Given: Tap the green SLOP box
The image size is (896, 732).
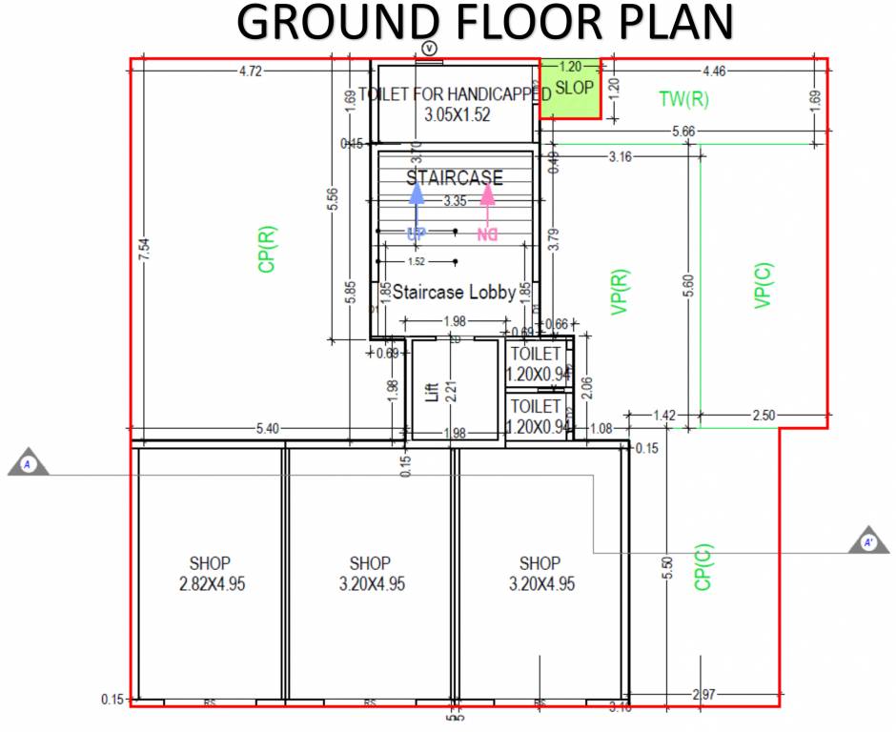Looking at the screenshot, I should pyautogui.click(x=571, y=88).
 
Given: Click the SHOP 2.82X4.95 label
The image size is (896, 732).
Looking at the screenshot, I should pyautogui.click(x=212, y=574).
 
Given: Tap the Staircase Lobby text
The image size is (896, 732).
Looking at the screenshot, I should pyautogui.click(x=455, y=292).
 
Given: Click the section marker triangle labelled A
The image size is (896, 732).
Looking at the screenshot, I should pyautogui.click(x=28, y=464).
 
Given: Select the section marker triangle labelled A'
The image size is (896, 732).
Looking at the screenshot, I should pyautogui.click(x=868, y=541).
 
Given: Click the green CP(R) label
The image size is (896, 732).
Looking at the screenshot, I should pyautogui.click(x=267, y=249).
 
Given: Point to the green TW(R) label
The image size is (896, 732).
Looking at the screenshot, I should pyautogui.click(x=683, y=98).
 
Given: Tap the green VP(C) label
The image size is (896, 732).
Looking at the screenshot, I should pyautogui.click(x=763, y=284).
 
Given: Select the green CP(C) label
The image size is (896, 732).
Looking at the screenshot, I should pyautogui.click(x=703, y=566).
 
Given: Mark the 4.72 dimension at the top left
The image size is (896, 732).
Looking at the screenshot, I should pyautogui.click(x=251, y=71).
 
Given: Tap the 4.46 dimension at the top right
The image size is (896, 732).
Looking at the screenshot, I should pyautogui.click(x=713, y=71).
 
